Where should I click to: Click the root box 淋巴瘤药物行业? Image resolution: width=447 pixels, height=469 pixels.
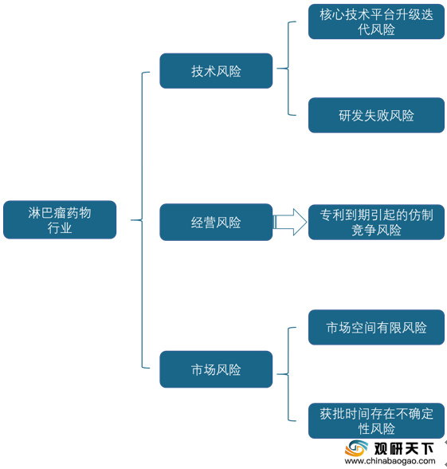pyautogui.click(x=60, y=219)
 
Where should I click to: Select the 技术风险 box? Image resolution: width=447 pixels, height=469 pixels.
pyautogui.click(x=216, y=71)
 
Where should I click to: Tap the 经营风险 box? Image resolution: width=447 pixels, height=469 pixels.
pyautogui.click(x=216, y=222)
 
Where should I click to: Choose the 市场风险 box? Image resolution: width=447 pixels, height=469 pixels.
pyautogui.click(x=216, y=369)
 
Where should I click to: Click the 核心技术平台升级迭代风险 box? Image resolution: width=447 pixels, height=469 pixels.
pyautogui.click(x=376, y=22)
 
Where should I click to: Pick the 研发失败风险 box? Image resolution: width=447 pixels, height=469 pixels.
pyautogui.click(x=376, y=115)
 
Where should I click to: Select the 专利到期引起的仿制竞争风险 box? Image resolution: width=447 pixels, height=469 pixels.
pyautogui.click(x=376, y=222)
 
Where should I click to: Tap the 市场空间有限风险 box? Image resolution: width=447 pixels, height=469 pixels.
pyautogui.click(x=376, y=327)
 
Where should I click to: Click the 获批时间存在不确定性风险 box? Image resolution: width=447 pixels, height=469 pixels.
pyautogui.click(x=376, y=421)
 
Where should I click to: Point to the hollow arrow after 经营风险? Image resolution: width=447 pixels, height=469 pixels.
pyautogui.click(x=290, y=222)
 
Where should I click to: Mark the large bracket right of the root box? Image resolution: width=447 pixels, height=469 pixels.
pyautogui.click(x=142, y=220)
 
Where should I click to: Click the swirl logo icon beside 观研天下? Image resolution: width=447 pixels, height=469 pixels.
pyautogui.click(x=356, y=448)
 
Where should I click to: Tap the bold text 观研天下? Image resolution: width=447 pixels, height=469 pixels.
pyautogui.click(x=404, y=448)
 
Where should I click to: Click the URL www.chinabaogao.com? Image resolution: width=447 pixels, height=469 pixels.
pyautogui.click(x=390, y=461)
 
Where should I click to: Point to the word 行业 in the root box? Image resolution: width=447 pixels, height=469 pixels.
pyautogui.click(x=60, y=228)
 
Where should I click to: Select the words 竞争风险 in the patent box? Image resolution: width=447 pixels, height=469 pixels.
pyautogui.click(x=376, y=231)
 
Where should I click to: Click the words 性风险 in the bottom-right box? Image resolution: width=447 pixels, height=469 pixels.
pyautogui.click(x=376, y=429)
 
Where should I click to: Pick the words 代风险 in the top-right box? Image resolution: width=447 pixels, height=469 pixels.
pyautogui.click(x=376, y=30)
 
